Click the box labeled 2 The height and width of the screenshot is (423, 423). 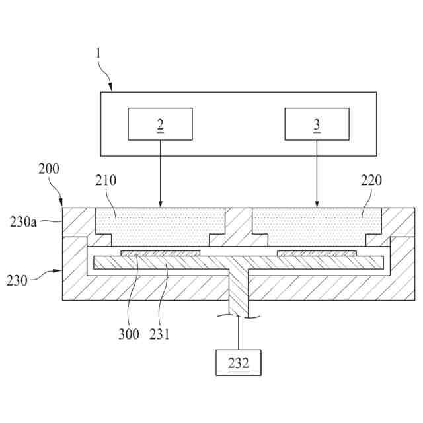160,124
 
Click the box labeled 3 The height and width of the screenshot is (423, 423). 317,124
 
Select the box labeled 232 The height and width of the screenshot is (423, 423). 239,362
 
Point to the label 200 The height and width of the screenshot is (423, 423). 48,169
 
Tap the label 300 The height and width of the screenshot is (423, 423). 129,334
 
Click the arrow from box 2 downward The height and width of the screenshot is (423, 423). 160,172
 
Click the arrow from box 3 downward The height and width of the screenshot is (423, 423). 317,172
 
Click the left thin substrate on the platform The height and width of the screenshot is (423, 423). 161,253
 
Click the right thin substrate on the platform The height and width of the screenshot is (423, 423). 317,253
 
